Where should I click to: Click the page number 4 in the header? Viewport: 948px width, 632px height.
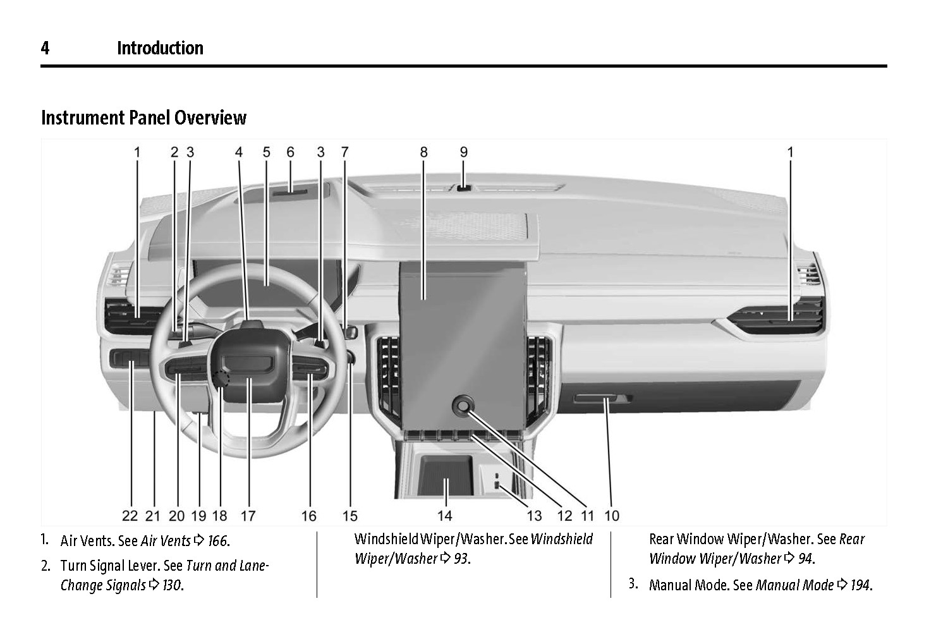tap(45, 48)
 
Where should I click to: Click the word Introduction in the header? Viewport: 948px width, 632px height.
tap(160, 48)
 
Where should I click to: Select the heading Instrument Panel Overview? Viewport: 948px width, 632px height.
tap(143, 118)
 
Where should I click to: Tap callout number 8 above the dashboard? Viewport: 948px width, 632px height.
tap(423, 152)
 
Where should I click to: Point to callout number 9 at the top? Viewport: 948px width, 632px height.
tap(463, 152)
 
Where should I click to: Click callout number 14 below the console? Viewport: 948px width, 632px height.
tap(445, 516)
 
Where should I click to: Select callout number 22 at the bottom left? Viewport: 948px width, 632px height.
tap(130, 516)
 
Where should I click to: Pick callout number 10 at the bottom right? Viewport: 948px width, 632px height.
tap(611, 516)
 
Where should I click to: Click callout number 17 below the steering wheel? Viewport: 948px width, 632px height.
tap(248, 516)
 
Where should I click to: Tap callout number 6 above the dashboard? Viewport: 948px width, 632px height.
tap(290, 152)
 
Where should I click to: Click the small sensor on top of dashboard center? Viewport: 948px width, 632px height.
tap(464, 188)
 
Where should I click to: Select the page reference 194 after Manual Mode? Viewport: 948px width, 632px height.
tap(860, 585)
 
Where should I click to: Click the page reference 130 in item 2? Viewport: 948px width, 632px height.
tap(172, 585)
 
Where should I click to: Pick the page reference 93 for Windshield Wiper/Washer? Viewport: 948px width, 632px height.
tap(462, 559)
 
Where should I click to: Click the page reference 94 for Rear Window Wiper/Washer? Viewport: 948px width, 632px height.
tap(805, 559)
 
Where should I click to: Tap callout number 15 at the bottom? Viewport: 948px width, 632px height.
tap(349, 516)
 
